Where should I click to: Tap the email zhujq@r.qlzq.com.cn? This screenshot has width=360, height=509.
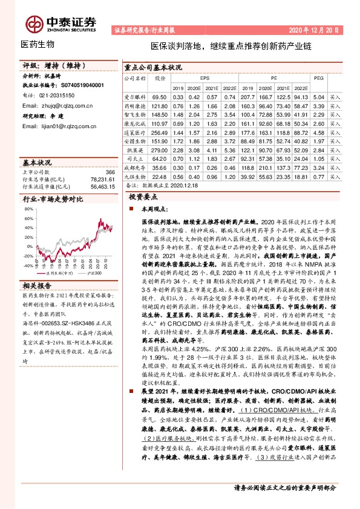pos(56,105)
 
